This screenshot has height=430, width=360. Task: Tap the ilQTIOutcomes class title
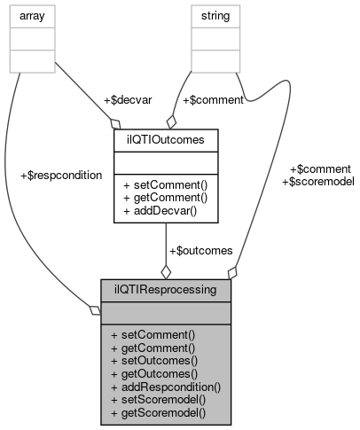[166, 139]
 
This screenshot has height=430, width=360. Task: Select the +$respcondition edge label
[60, 175]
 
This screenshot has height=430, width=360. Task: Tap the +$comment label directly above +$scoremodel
[320, 168]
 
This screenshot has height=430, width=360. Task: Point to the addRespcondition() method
[166, 387]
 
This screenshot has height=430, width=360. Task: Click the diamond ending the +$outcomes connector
[166, 272]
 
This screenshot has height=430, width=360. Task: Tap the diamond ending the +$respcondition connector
[96, 309]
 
